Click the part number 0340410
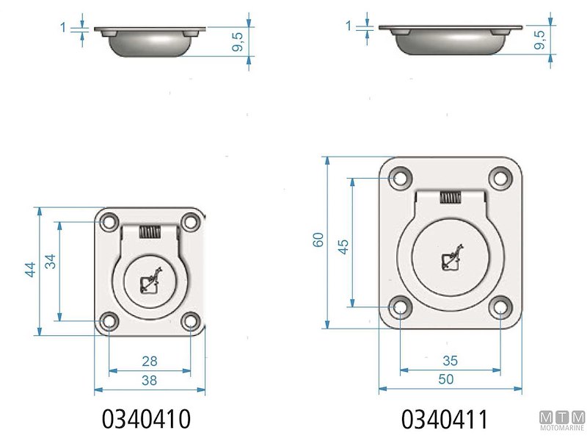(x=146, y=419)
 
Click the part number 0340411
(x=445, y=419)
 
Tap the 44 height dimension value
(x=30, y=269)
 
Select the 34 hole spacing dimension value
(x=50, y=262)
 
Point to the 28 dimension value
(x=150, y=361)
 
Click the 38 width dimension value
(x=150, y=380)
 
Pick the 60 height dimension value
(x=318, y=240)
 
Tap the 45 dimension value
(x=343, y=247)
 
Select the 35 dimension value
(x=450, y=360)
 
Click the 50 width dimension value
(x=446, y=379)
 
